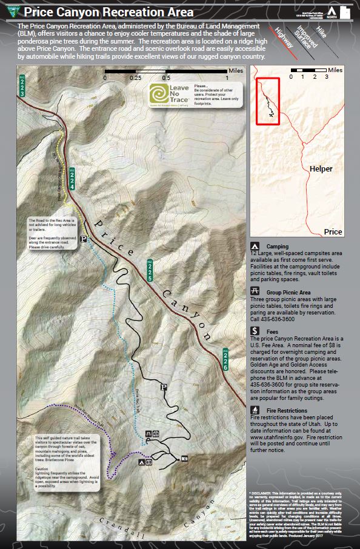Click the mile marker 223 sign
(22, 86)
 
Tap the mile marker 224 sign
(72, 179)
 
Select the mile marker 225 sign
(149, 270)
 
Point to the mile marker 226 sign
(225, 359)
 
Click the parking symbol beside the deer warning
(84, 239)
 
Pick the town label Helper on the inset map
(322, 168)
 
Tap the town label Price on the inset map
(333, 231)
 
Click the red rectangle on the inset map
(267, 101)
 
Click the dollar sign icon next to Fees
(256, 331)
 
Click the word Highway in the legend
(284, 38)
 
